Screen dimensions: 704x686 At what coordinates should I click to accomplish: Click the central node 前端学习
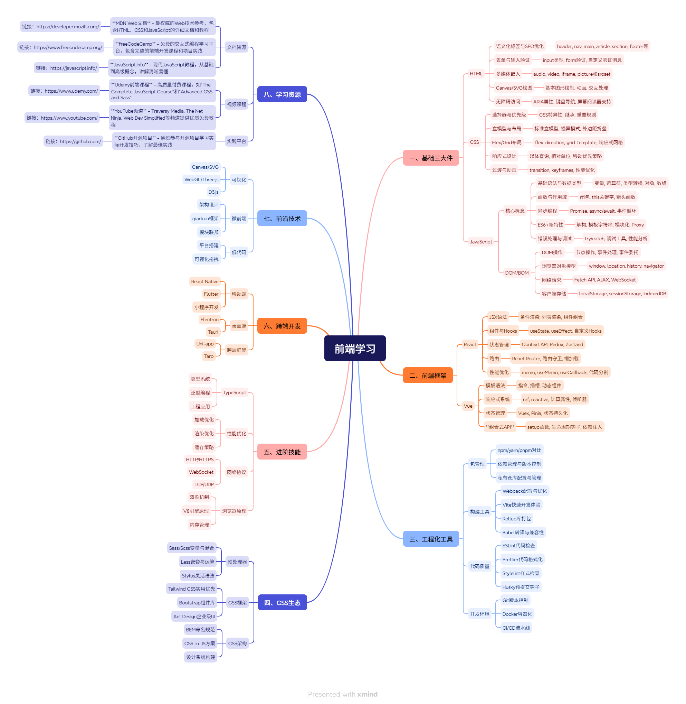[355, 349]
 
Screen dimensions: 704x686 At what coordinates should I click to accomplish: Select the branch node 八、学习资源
[282, 94]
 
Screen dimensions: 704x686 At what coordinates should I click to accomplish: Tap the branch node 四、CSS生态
[282, 603]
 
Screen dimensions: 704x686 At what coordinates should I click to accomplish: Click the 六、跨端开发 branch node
[282, 326]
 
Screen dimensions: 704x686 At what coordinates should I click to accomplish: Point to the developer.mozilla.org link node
[60, 27]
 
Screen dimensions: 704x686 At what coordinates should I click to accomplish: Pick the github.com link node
[73, 141]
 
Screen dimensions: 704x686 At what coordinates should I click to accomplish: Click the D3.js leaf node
[213, 192]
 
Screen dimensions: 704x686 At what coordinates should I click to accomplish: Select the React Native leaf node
[204, 282]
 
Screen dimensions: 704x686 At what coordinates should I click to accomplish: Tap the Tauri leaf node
[213, 332]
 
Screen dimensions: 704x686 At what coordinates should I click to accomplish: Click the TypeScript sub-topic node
[235, 392]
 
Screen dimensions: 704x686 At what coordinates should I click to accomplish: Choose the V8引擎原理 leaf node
[196, 511]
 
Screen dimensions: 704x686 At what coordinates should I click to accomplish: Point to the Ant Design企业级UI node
[194, 617]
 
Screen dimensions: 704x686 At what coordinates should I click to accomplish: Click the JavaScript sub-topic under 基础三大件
[480, 242]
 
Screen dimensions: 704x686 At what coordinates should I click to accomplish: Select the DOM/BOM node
[517, 273]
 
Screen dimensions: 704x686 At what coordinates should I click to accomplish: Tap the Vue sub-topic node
[468, 406]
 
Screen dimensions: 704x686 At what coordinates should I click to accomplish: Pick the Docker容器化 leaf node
[517, 614]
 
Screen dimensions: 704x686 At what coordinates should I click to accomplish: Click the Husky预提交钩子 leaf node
[521, 587]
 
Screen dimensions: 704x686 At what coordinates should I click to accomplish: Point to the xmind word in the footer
[367, 694]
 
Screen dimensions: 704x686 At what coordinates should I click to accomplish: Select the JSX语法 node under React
[498, 317]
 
